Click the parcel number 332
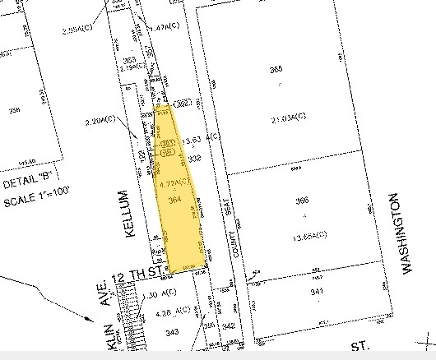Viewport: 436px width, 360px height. click(194, 158)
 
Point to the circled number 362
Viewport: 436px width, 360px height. click(183, 103)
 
